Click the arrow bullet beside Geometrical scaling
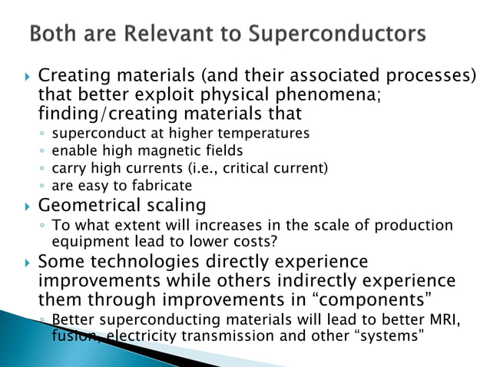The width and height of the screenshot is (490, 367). tap(28, 207)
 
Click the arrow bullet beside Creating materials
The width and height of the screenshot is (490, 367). tap(28, 78)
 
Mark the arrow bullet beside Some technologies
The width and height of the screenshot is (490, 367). tap(28, 263)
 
